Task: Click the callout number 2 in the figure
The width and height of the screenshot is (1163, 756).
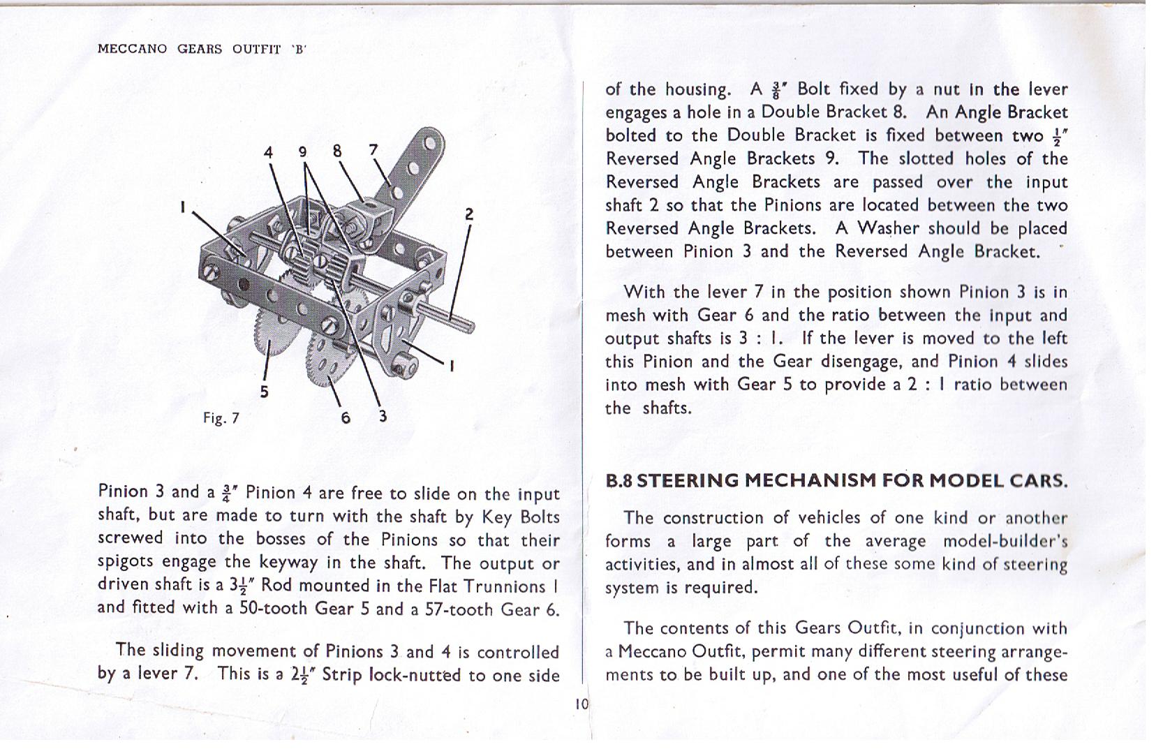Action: point(469,214)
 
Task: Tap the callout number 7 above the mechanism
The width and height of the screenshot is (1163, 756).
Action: point(373,149)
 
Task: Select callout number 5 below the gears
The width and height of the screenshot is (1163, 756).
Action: point(264,392)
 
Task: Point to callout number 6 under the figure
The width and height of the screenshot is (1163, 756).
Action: point(346,417)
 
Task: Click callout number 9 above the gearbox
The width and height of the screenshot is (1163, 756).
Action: point(302,151)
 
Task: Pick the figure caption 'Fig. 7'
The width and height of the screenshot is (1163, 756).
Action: point(221,418)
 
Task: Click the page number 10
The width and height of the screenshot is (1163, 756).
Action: point(582,704)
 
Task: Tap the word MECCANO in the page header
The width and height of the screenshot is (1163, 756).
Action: point(132,49)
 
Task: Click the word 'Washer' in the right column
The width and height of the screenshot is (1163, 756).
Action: point(889,228)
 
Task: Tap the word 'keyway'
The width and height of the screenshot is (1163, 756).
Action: point(289,563)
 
